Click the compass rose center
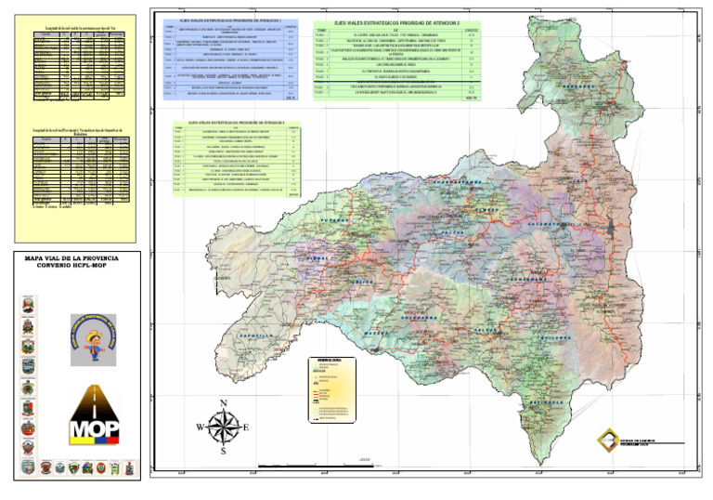coord(223,428)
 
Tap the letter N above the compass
coord(223,403)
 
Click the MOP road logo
coord(94,415)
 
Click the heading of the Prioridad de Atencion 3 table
coord(231,122)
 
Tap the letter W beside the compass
coord(200,428)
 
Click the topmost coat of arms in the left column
coord(29,302)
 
